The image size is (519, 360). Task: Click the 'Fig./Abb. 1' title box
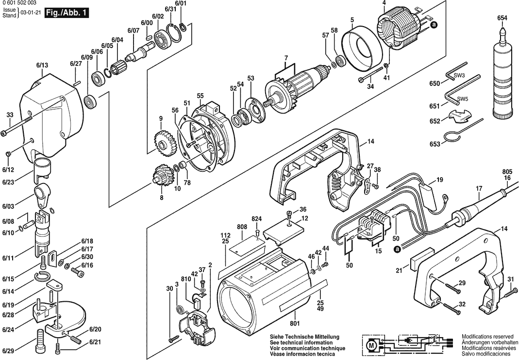tap(67, 13)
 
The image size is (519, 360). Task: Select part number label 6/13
tap(42, 65)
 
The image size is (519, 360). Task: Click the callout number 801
tap(295, 323)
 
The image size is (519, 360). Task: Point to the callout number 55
tap(200, 96)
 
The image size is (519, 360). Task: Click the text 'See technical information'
tap(301, 343)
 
